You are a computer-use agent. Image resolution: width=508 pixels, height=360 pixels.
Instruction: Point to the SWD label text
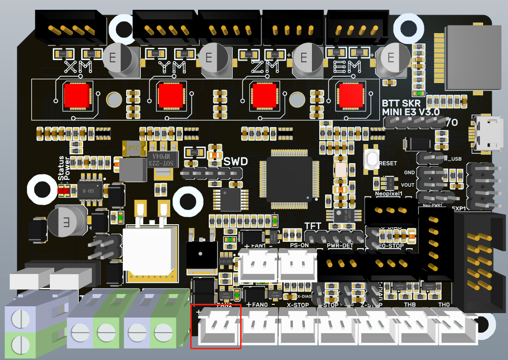point(236,162)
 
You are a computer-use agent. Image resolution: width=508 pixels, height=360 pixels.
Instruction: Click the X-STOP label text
point(298,305)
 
